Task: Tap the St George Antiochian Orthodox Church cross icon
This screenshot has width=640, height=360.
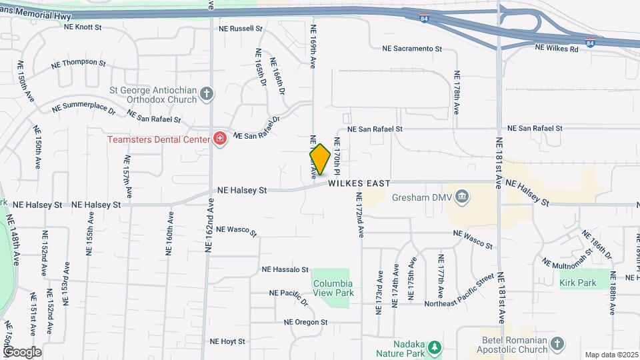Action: tap(207, 93)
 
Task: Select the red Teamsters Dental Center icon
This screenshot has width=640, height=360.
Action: tap(219, 139)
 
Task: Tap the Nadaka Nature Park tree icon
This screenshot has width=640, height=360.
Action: tap(435, 347)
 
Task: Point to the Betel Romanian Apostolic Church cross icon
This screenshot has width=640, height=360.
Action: tap(557, 345)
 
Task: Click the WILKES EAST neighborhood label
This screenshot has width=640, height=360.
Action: tap(358, 182)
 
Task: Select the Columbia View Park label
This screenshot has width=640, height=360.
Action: tap(333, 287)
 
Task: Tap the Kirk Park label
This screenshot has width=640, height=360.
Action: tap(577, 283)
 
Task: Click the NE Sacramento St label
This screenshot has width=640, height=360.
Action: tap(412, 49)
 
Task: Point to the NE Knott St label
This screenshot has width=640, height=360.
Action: tap(83, 27)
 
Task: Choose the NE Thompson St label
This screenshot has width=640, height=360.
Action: tap(79, 64)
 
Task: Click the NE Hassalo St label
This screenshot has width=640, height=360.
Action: tap(285, 270)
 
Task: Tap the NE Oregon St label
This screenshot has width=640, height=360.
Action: tap(305, 322)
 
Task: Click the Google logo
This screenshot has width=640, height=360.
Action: tap(22, 351)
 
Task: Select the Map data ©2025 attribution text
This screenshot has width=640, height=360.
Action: tap(611, 355)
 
